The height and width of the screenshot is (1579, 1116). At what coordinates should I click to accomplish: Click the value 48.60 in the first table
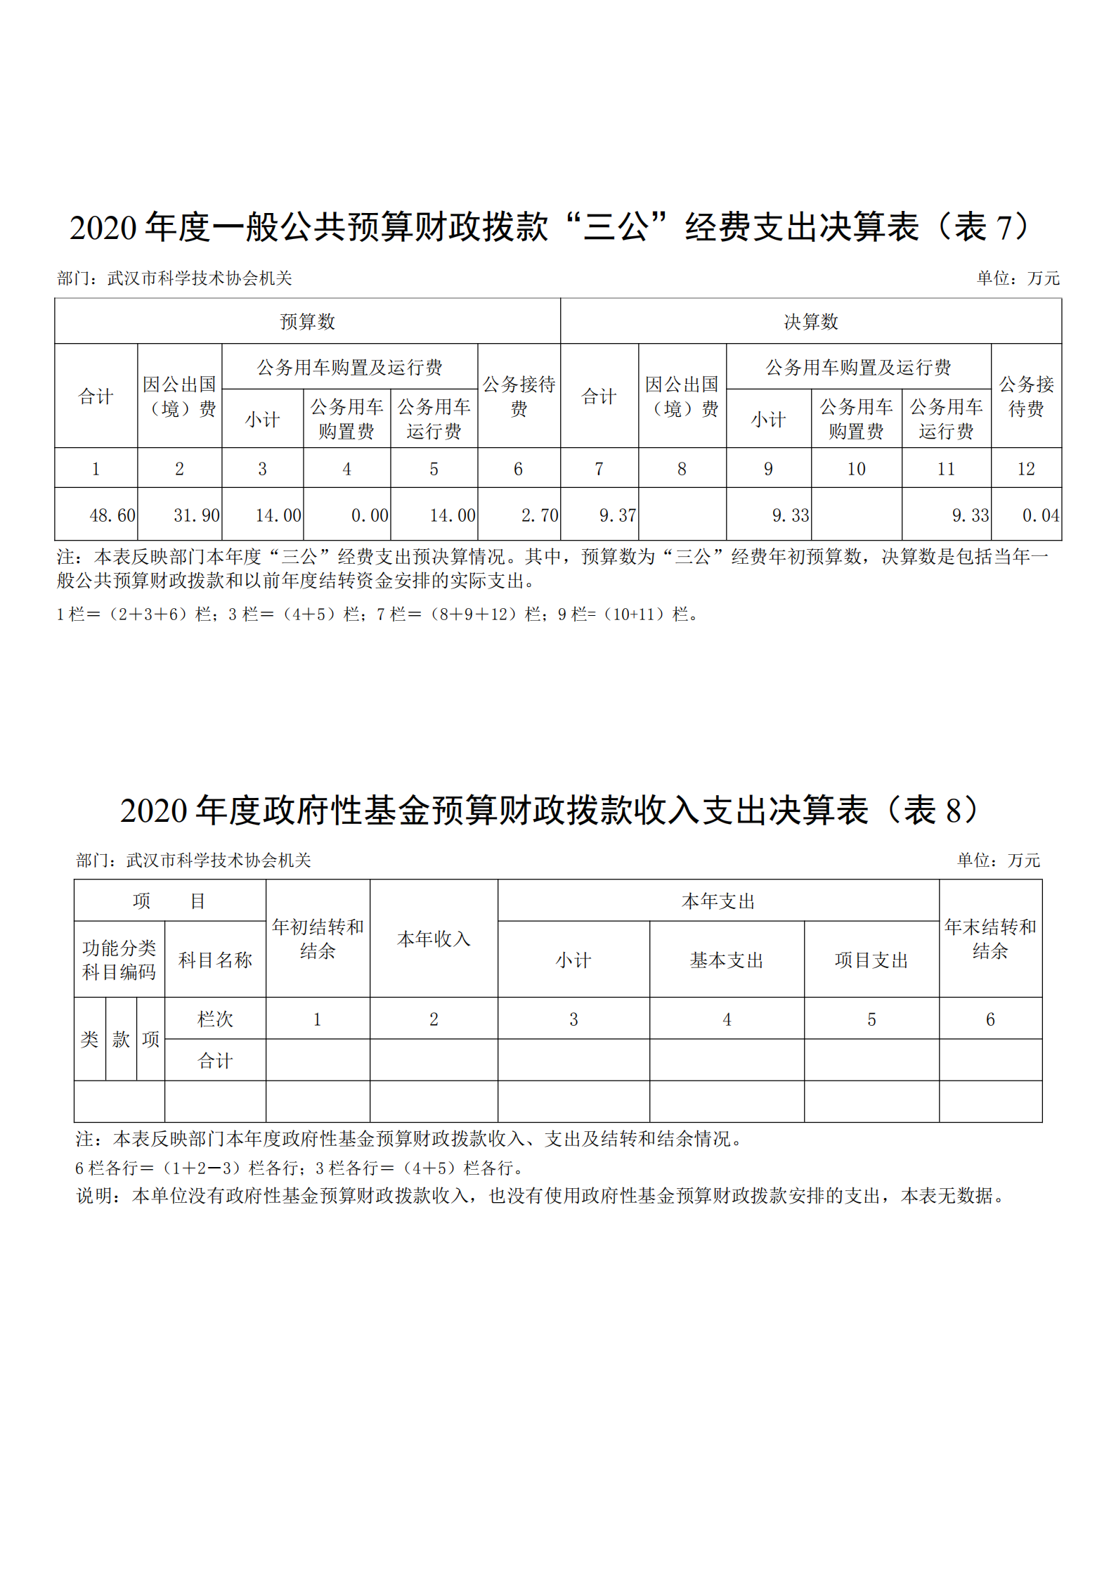coord(112,515)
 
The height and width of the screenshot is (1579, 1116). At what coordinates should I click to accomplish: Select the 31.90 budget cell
coord(196,515)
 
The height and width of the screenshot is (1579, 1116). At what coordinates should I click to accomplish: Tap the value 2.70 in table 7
coord(539,515)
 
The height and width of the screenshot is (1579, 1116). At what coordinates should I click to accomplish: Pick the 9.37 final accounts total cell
coord(617,515)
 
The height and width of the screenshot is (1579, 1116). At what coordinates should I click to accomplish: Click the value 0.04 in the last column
coord(1040,515)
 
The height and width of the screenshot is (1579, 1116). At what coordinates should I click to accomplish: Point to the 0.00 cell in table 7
coord(370,515)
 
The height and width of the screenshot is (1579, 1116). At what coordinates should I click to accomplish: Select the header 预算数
coord(307,322)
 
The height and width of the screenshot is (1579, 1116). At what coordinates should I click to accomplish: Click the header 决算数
coord(811,322)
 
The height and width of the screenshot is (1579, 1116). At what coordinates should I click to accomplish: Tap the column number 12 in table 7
coord(1025,469)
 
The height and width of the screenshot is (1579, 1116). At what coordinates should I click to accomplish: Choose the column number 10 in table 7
coord(855,469)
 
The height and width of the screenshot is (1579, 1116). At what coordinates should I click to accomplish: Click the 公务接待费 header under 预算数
coord(519,396)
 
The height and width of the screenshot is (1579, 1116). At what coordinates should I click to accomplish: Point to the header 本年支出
coord(718,901)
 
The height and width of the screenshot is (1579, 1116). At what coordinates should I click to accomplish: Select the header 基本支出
coord(726,960)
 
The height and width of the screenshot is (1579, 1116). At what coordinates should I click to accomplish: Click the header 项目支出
coord(871,960)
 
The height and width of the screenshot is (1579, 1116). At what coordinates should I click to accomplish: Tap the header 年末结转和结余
coord(990,939)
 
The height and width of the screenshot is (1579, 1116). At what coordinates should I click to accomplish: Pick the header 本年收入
coord(434,939)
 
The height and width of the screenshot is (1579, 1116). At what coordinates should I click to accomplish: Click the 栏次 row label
coord(214,1019)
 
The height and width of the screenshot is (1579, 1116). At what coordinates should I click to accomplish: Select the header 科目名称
coord(214,960)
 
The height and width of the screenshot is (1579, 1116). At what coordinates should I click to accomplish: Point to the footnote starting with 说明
coord(541,1195)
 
